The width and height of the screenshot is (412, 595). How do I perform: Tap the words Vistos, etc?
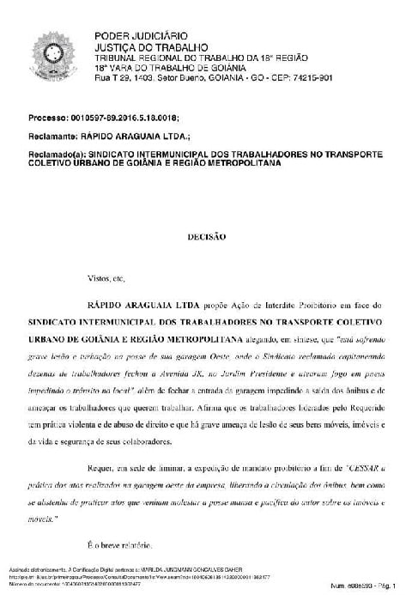click(x=105, y=279)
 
